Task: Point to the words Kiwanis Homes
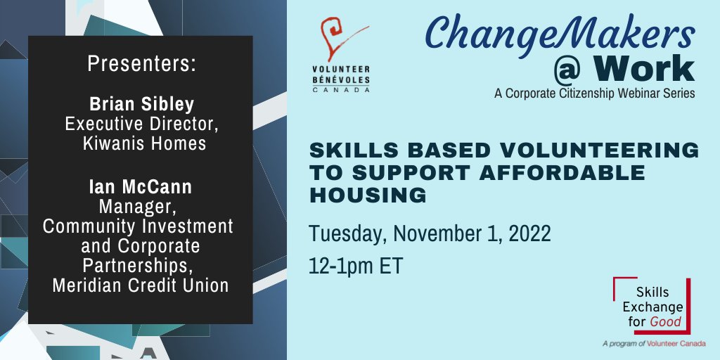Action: (141, 144)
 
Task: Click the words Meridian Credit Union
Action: (140, 286)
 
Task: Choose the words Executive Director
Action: (140, 124)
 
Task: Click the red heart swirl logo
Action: (342, 43)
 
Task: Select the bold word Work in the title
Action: (639, 68)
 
